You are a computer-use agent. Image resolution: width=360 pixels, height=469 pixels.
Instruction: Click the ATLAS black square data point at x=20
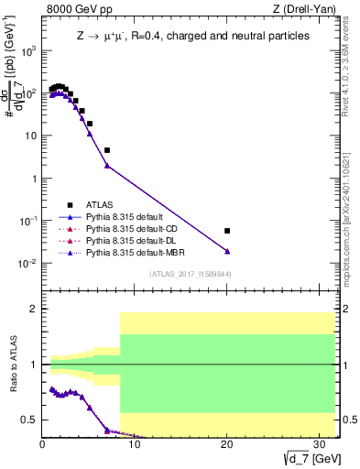pos(227,231)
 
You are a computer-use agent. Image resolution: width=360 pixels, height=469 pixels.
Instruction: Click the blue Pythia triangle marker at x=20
pos(227,251)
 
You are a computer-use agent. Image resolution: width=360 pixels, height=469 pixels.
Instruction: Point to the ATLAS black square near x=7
pos(107,150)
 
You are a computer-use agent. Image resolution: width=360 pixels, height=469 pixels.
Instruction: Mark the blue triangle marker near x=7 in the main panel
pos(107,166)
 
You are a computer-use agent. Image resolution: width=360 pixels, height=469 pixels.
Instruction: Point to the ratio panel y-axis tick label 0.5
pos(30,420)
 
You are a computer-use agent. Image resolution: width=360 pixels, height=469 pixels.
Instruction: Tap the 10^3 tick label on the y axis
pos(27,51)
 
